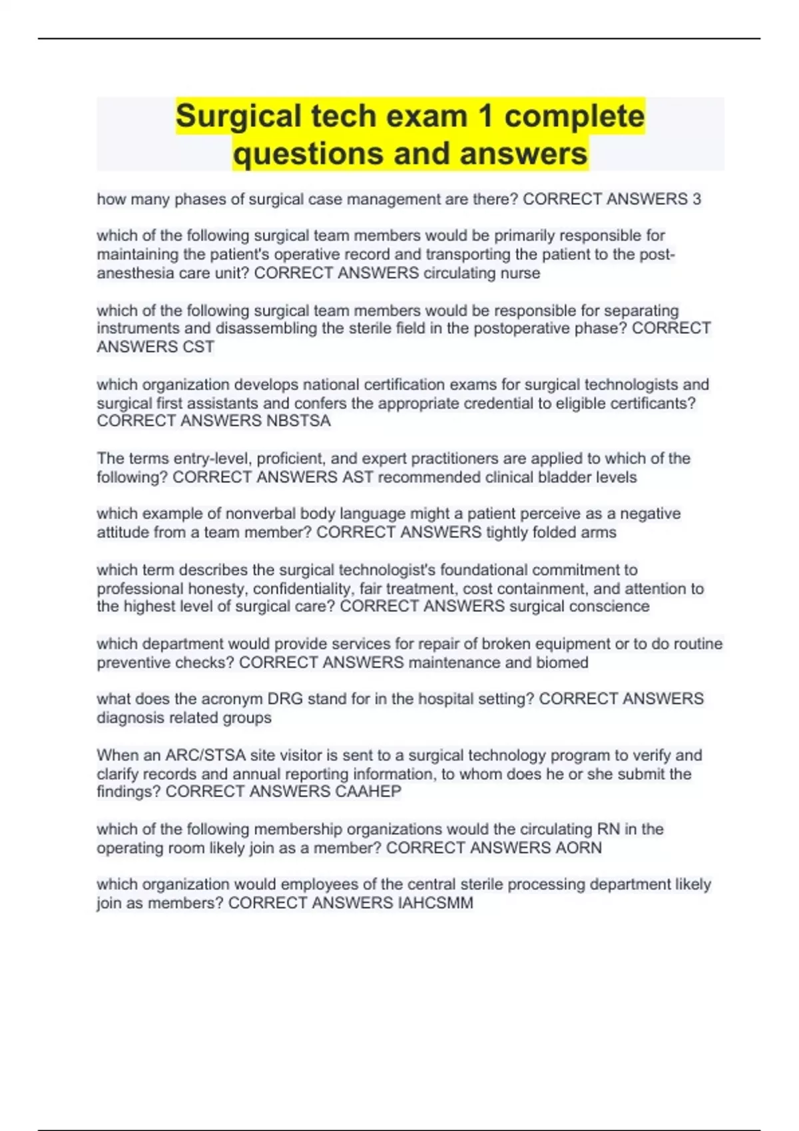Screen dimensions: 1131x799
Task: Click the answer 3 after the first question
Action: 696,199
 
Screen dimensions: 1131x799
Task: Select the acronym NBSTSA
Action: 298,421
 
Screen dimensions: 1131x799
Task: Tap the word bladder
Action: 565,477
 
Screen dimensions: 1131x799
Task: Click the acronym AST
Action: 358,477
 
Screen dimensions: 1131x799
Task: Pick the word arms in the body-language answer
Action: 601,532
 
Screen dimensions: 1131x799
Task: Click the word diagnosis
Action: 131,718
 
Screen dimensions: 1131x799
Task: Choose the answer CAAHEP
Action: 368,792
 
